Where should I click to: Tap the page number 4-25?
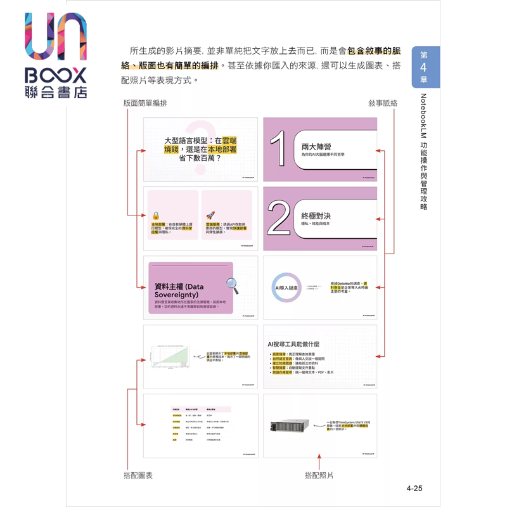click(414, 488)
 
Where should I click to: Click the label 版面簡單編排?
click(146, 103)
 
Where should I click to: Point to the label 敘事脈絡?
click(383, 103)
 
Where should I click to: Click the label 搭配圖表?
click(138, 475)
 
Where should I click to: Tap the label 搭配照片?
click(319, 475)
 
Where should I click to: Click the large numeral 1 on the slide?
click(279, 150)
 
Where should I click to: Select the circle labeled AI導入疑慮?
click(286, 288)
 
